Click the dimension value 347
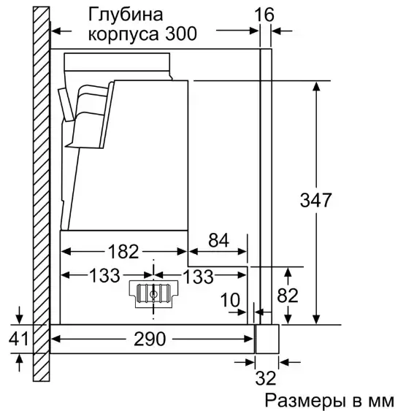315,200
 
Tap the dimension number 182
123,251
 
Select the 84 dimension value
218,240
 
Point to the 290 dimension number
150,339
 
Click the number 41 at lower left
18,339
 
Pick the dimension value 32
266,378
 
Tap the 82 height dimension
288,296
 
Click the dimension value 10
230,300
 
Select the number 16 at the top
264,15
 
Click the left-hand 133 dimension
104,275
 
